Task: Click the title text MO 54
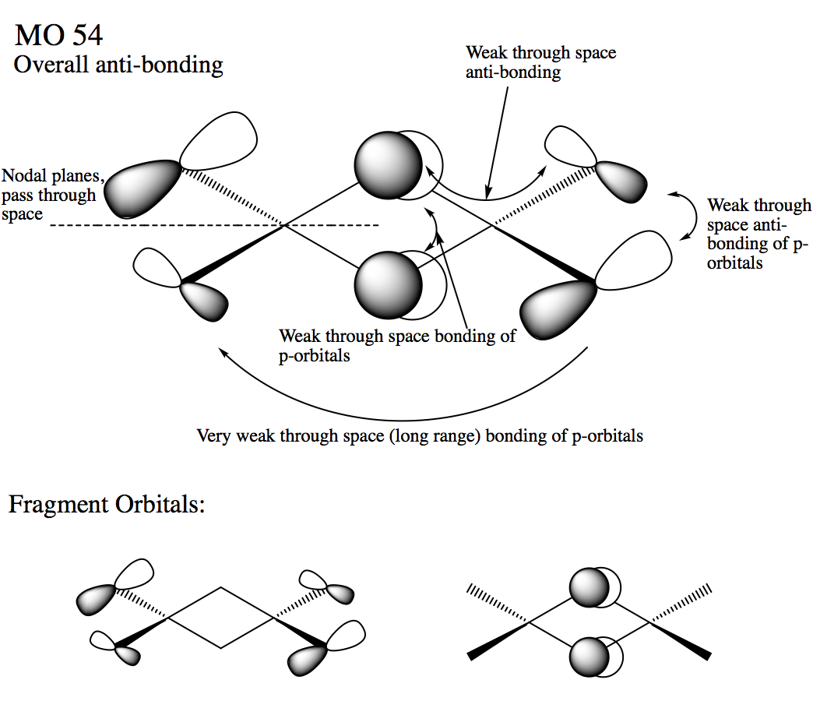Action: (x=58, y=35)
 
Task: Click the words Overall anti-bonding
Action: (x=118, y=64)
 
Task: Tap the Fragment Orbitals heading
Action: (x=107, y=505)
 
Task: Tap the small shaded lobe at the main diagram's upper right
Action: (x=623, y=182)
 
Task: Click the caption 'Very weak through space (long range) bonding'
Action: (x=420, y=435)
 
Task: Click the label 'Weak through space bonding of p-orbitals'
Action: (x=397, y=346)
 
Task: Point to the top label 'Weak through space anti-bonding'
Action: (x=540, y=62)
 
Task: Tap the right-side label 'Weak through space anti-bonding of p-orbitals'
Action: (x=757, y=234)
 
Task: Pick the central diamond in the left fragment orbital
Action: (x=221, y=618)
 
